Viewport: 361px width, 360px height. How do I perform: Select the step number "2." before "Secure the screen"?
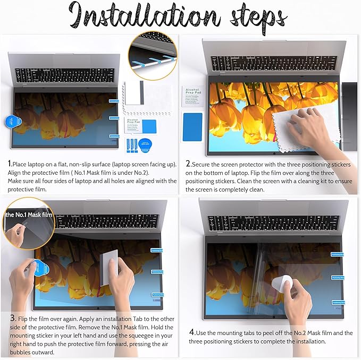click(188, 165)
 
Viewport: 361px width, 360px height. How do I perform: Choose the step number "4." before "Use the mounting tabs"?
click(191, 333)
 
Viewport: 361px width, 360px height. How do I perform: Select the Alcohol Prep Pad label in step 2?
click(192, 97)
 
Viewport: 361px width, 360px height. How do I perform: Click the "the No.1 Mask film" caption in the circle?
click(29, 215)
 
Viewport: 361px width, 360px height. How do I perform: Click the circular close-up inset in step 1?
click(153, 56)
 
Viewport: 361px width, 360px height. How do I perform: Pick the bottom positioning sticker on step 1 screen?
click(114, 136)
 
